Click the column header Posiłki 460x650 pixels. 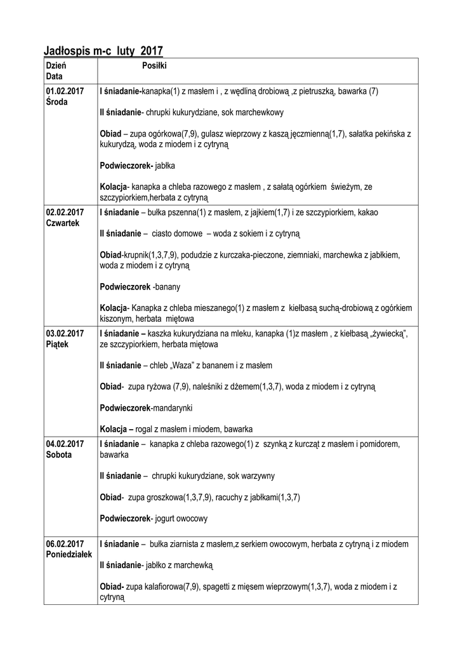[x=154, y=65]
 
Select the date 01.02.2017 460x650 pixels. [x=65, y=91]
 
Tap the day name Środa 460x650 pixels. [x=57, y=102]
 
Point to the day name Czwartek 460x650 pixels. [x=62, y=223]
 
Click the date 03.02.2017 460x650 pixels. [x=65, y=333]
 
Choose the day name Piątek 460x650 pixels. [x=57, y=344]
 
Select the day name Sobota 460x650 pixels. [x=59, y=455]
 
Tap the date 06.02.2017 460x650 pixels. [x=65, y=544]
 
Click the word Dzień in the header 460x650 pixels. [x=56, y=65]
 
